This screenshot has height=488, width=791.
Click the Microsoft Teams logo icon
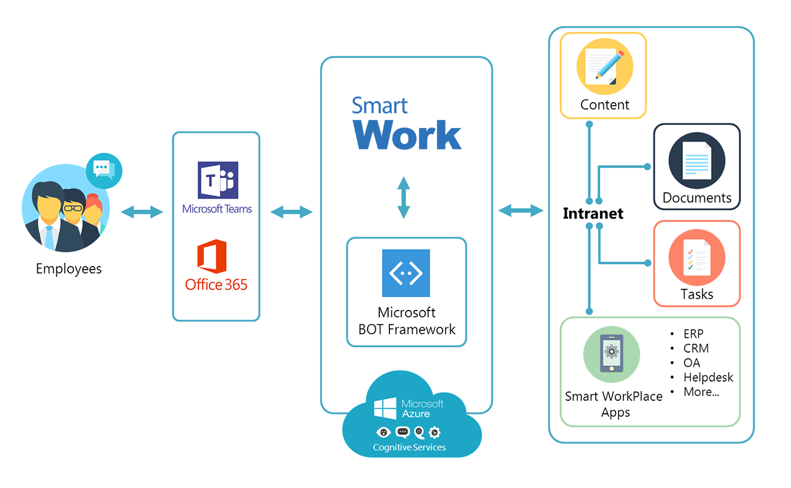(218, 180)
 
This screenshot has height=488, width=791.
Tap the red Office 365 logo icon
(211, 257)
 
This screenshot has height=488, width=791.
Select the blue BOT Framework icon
(406, 273)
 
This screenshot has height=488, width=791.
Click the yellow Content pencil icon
(604, 66)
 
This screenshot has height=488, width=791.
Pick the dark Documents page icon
(696, 160)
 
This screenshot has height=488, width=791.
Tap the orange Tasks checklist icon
(696, 257)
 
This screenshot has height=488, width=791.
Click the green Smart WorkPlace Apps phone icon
(612, 354)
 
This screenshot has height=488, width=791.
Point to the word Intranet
(593, 213)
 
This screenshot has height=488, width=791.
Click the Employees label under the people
(69, 269)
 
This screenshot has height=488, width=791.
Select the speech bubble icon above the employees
(104, 171)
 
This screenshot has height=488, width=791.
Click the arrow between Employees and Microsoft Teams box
(142, 212)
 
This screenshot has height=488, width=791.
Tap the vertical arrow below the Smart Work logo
(404, 197)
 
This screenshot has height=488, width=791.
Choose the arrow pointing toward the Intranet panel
(521, 211)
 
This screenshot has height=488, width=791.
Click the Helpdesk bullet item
(708, 377)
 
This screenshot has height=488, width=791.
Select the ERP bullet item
(693, 334)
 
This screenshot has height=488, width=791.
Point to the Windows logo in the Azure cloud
(385, 408)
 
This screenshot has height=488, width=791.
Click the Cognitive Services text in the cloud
(409, 447)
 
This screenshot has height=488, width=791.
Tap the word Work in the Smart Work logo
(407, 135)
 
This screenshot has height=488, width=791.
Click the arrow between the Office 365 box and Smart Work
(291, 212)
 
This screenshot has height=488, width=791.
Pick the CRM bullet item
(696, 348)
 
